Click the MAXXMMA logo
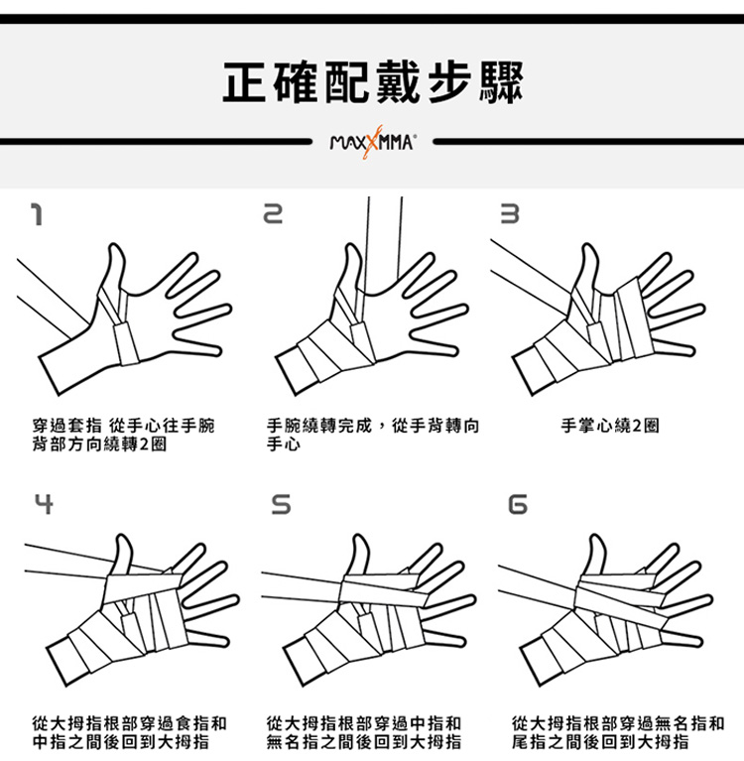372,142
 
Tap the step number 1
37,214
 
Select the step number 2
273,214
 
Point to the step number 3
510,214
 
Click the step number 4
44,504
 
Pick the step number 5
281,504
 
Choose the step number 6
518,504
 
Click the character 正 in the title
245,81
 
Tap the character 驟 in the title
500,81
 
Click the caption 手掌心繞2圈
610,426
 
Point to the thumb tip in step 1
114,246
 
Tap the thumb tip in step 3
588,246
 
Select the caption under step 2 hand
373,435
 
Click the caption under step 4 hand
130,732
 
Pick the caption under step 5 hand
363,732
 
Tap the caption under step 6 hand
618,732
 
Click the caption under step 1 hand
123,435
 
